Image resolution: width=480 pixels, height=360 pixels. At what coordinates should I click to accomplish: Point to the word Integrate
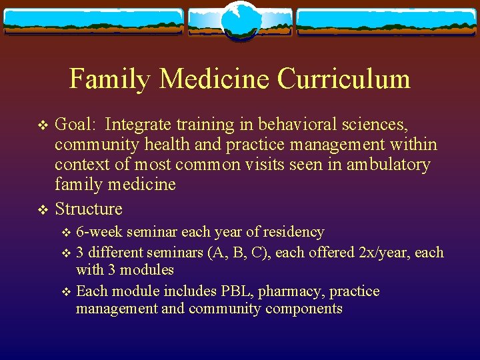[136, 125]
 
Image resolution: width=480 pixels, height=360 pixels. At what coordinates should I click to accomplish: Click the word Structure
[89, 209]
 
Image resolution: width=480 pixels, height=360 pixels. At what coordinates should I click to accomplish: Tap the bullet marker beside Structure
[43, 209]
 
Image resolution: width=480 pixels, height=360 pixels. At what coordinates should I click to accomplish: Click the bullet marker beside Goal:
[43, 125]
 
